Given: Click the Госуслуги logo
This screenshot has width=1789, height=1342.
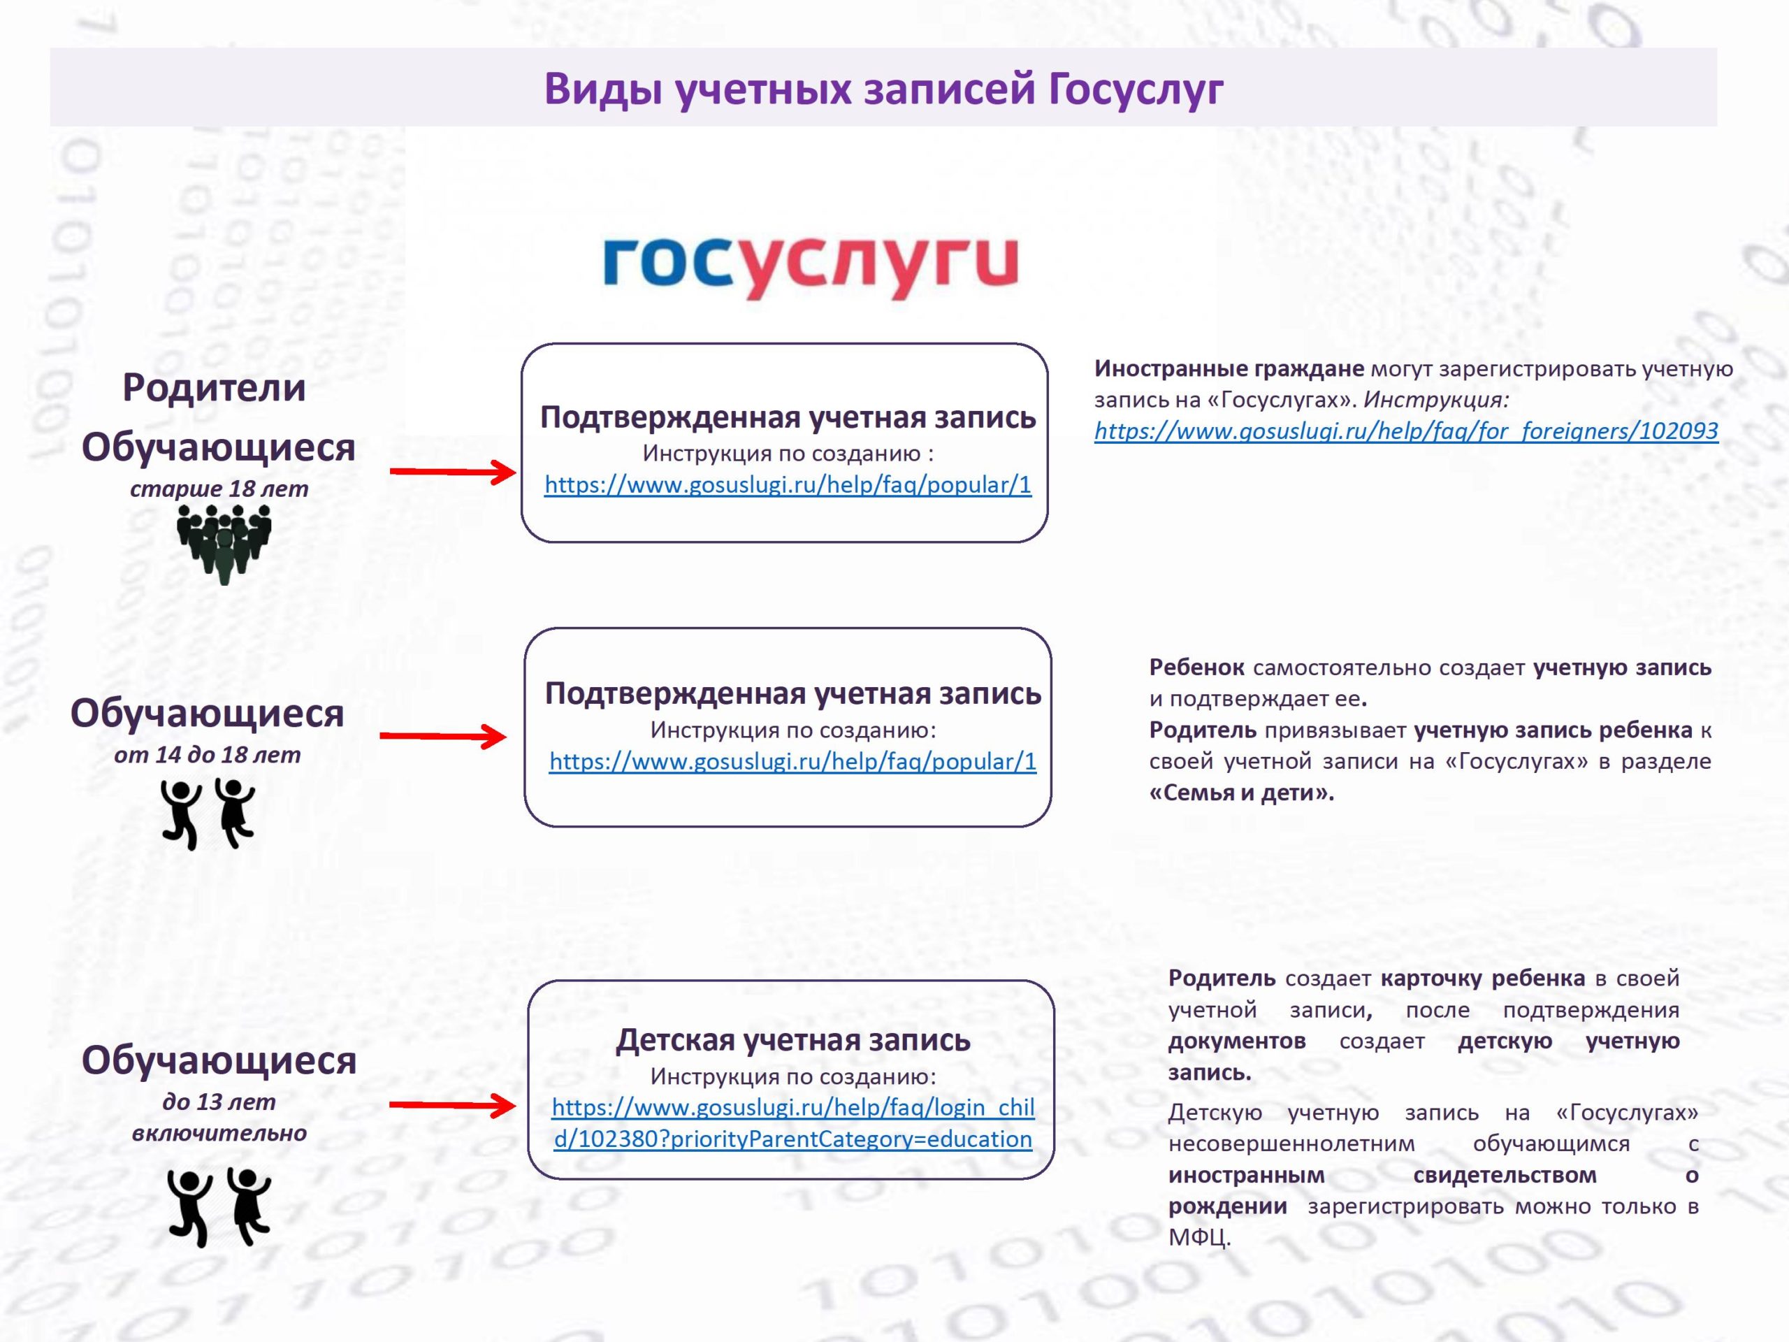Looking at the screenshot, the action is [811, 266].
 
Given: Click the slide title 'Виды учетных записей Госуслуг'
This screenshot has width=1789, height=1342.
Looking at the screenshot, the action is [883, 88].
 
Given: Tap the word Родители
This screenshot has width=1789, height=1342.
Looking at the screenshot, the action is [215, 389].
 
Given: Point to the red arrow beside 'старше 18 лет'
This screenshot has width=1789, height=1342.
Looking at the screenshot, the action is [453, 472].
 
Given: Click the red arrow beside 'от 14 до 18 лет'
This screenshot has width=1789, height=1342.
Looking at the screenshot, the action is [443, 736].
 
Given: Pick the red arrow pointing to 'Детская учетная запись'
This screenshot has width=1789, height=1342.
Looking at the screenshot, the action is [453, 1105].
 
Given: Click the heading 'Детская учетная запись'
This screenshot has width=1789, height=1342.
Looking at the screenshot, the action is [792, 1039].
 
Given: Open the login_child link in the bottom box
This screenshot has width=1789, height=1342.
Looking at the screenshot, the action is [792, 1123].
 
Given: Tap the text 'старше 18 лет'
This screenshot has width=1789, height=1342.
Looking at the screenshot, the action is [219, 489].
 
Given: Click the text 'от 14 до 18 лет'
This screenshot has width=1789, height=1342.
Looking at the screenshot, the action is [207, 755].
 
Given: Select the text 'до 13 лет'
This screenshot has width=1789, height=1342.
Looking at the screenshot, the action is [218, 1102].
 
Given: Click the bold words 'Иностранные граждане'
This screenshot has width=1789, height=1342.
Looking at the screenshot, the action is [1229, 369].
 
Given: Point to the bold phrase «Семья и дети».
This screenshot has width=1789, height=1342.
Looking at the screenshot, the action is [1241, 793].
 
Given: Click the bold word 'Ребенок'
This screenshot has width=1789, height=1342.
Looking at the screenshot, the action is [1197, 668].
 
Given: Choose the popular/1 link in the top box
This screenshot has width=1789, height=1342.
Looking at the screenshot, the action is [788, 484].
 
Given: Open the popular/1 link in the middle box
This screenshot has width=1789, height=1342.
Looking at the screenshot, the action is [792, 761].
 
